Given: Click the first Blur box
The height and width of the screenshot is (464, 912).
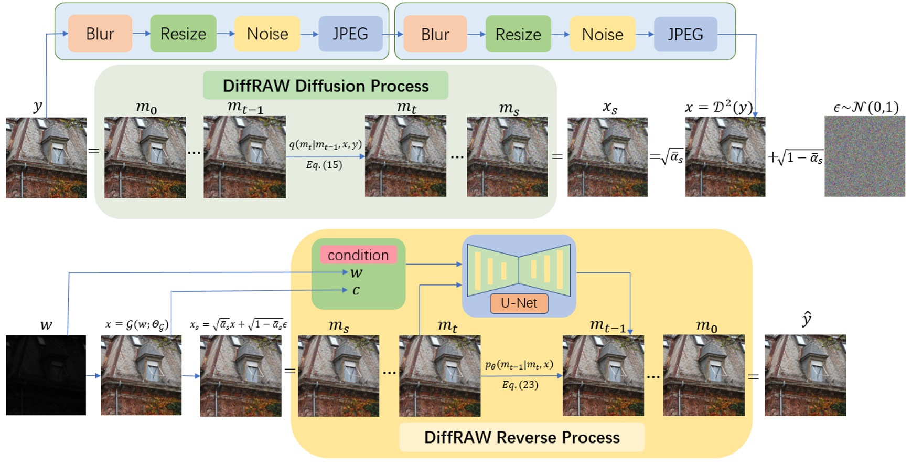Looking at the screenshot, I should [100, 34].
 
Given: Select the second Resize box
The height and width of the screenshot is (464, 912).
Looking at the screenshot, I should [518, 34].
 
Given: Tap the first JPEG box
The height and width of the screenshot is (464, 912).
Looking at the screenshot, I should [350, 34].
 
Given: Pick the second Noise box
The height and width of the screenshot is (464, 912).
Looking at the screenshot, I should [602, 34].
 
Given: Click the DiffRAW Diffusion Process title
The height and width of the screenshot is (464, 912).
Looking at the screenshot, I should [325, 86].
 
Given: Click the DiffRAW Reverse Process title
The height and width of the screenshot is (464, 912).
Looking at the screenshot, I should [521, 437].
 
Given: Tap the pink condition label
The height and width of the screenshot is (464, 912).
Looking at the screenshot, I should [358, 255].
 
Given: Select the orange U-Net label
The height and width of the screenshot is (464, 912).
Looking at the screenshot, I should [519, 303].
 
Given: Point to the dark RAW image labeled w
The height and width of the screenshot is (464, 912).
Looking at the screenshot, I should [46, 375].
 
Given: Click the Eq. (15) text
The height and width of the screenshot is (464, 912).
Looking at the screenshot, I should [324, 165].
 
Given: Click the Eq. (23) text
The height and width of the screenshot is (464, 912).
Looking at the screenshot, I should [520, 385].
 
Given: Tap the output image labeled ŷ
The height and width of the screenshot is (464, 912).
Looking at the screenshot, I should [804, 375].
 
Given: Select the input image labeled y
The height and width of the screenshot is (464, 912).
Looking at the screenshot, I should [46, 157].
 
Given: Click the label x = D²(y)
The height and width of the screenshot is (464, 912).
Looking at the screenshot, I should [718, 107].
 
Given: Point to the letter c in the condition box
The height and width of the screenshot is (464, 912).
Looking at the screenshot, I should [356, 290].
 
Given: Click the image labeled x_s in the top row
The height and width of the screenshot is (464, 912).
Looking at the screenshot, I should [607, 157].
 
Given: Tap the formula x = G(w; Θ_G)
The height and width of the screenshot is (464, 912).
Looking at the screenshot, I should [136, 324].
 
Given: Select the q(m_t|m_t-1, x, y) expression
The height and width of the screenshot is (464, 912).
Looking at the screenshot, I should [325, 144].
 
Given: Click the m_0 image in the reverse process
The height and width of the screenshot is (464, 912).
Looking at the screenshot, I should [703, 375].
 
